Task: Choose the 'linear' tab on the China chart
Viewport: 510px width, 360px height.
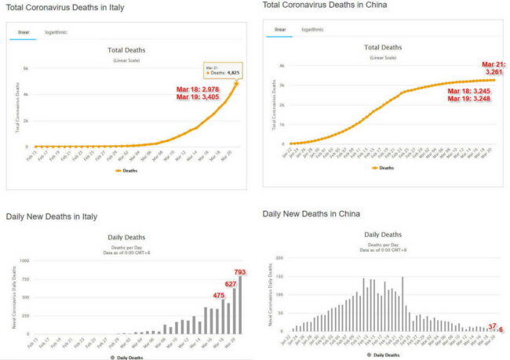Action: tap(279, 30)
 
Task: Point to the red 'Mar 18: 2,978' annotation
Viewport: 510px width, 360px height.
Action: tap(197, 90)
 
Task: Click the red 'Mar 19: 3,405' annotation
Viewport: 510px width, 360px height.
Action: tap(197, 99)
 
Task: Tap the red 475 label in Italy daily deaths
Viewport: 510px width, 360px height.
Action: tap(219, 296)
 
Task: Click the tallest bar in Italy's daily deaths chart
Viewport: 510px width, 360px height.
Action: tap(239, 306)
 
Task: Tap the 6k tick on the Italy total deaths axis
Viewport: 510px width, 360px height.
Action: tap(26, 68)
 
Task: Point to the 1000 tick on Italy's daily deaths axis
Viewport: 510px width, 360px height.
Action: tap(24, 260)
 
